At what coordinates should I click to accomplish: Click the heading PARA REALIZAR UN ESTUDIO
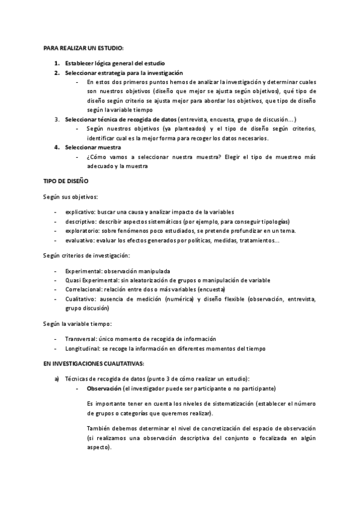point(83,48)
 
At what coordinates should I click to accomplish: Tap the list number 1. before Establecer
point(56,63)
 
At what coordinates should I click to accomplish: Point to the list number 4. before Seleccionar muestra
point(56,147)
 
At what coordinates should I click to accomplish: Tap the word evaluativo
point(79,240)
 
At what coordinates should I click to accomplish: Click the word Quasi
point(73,280)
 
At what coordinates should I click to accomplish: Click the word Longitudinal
point(82,349)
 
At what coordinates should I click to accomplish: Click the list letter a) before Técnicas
point(56,378)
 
